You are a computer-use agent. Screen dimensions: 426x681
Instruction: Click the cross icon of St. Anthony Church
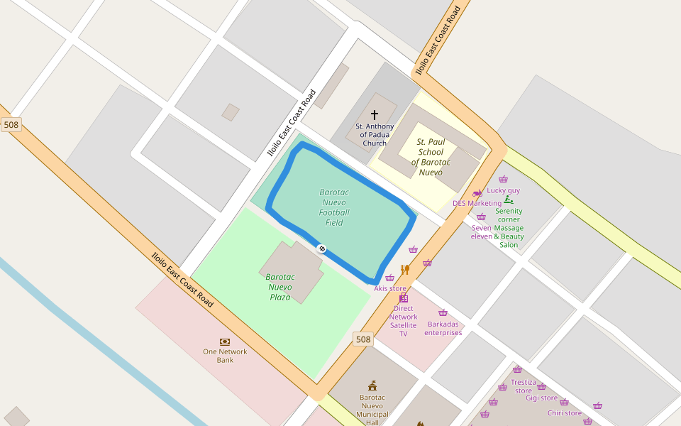click(375, 114)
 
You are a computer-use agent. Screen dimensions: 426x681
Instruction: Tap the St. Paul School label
click(430, 157)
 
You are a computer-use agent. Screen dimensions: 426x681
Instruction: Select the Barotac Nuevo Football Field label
click(334, 207)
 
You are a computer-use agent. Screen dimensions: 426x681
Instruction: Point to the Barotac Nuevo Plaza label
click(280, 287)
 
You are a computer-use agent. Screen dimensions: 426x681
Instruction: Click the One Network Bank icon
click(225, 342)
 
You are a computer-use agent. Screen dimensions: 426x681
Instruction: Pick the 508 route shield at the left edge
click(11, 125)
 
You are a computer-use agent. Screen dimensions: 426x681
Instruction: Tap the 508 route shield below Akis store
click(363, 339)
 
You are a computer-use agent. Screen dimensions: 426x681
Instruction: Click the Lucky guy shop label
click(503, 190)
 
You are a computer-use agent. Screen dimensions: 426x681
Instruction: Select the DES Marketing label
click(477, 203)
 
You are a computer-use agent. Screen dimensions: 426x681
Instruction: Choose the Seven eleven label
click(482, 231)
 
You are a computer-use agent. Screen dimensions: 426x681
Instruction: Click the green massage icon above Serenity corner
click(509, 200)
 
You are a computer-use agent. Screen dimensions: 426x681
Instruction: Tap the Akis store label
click(390, 288)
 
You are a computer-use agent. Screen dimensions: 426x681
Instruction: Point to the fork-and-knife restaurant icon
click(405, 270)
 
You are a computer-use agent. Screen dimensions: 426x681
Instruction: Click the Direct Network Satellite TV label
click(403, 321)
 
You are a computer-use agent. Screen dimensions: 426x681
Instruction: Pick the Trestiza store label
click(524, 386)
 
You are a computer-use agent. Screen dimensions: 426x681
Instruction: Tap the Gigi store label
click(541, 398)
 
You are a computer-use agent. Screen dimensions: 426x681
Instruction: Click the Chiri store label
click(564, 413)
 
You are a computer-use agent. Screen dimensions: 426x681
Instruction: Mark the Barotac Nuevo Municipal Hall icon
click(372, 386)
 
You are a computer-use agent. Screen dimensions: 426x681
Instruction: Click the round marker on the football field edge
click(321, 248)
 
